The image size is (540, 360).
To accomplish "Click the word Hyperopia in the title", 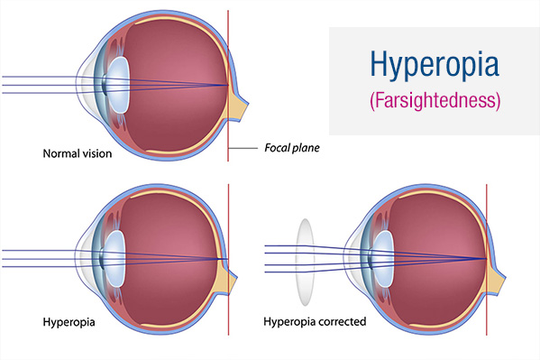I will click(434, 66).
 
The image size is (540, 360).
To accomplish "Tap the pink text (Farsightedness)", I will click(434, 99).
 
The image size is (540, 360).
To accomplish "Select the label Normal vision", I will click(78, 153).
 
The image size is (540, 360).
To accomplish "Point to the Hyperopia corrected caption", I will click(315, 321).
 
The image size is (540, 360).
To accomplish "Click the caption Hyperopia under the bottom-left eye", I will click(70, 321).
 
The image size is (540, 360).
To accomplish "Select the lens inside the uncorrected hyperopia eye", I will click(114, 257).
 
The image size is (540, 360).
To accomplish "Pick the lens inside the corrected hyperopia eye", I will click(383, 256).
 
